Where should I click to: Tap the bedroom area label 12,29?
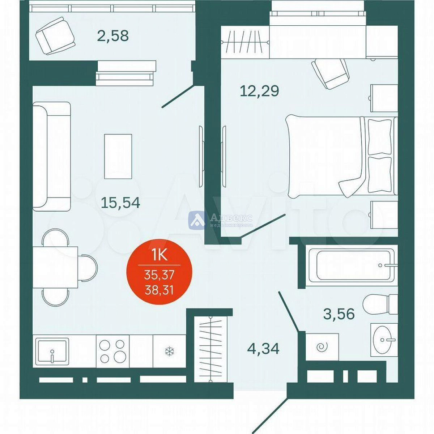[259, 91]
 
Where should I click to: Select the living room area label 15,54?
[120, 203]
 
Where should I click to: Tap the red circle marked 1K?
[159, 272]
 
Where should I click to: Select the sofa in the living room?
[52, 157]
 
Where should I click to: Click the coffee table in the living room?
[118, 156]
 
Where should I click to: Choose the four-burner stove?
[112, 351]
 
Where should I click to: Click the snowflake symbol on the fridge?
[170, 351]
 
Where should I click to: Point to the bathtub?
[351, 266]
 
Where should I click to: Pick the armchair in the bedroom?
[331, 73]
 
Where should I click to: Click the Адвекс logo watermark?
[220, 220]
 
